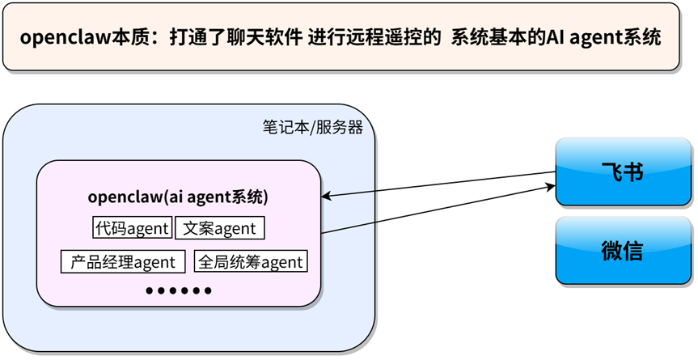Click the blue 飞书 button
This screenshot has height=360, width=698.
[x=623, y=172]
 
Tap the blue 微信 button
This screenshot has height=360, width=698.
[x=623, y=250]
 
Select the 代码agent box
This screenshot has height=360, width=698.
[x=132, y=228]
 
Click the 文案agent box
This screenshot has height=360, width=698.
[x=220, y=228]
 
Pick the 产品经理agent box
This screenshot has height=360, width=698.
[x=123, y=261]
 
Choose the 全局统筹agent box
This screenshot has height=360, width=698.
[x=250, y=261]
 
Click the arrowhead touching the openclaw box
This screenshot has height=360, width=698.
[x=327, y=197]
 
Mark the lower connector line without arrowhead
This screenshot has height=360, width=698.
[x=349, y=227]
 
